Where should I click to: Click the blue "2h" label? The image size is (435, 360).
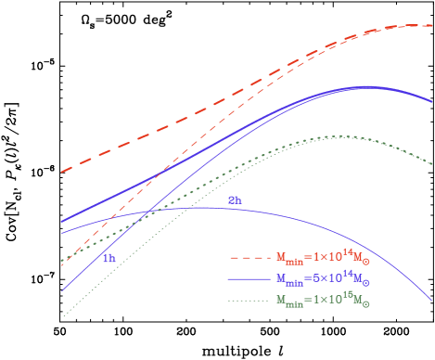click(235, 200)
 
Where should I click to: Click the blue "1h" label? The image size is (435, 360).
click(109, 259)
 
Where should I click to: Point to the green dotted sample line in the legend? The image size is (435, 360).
click(248, 301)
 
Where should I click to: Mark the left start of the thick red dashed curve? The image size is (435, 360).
click(62, 172)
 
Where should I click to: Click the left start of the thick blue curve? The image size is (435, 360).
click(62, 222)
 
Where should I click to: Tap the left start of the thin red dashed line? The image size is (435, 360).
click(62, 266)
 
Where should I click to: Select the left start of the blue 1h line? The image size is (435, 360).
click(62, 291)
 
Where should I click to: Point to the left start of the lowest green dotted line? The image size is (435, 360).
click(62, 317)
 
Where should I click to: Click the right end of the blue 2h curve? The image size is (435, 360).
click(432, 301)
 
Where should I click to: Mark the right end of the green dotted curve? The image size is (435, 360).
click(432, 163)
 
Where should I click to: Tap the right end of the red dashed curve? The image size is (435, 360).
click(432, 26)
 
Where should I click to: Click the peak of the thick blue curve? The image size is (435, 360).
click(366, 86)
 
